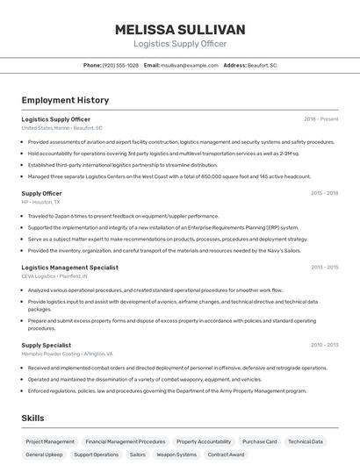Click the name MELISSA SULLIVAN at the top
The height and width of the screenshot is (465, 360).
pyautogui.click(x=180, y=30)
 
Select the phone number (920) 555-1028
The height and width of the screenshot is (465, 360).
pyautogui.click(x=120, y=66)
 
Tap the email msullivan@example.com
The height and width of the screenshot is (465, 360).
pyautogui.click(x=190, y=66)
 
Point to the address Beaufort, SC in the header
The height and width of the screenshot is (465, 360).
pyautogui.click(x=262, y=66)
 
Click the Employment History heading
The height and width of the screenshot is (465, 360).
pyautogui.click(x=65, y=101)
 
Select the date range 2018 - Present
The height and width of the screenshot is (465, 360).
pyautogui.click(x=320, y=118)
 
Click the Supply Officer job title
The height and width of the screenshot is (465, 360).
pyautogui.click(x=41, y=193)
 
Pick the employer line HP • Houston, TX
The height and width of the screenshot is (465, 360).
pyautogui.click(x=40, y=202)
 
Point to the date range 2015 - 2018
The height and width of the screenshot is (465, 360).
pyautogui.click(x=324, y=193)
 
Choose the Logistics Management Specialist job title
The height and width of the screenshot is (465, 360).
pyautogui.click(x=69, y=267)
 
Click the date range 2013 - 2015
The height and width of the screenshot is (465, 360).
pyautogui.click(x=324, y=267)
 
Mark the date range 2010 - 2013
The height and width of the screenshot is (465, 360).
pyautogui.click(x=324, y=345)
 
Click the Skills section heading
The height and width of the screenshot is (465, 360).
pyautogui.click(x=33, y=419)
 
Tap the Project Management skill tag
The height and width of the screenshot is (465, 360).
pyautogui.click(x=50, y=441)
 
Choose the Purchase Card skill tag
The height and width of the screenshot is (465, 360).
pyautogui.click(x=259, y=441)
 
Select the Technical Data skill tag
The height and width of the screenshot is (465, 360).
pyautogui.click(x=306, y=441)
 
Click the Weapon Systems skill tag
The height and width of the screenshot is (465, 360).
pyautogui.click(x=176, y=454)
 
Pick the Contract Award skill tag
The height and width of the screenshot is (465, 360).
pyautogui.click(x=227, y=454)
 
